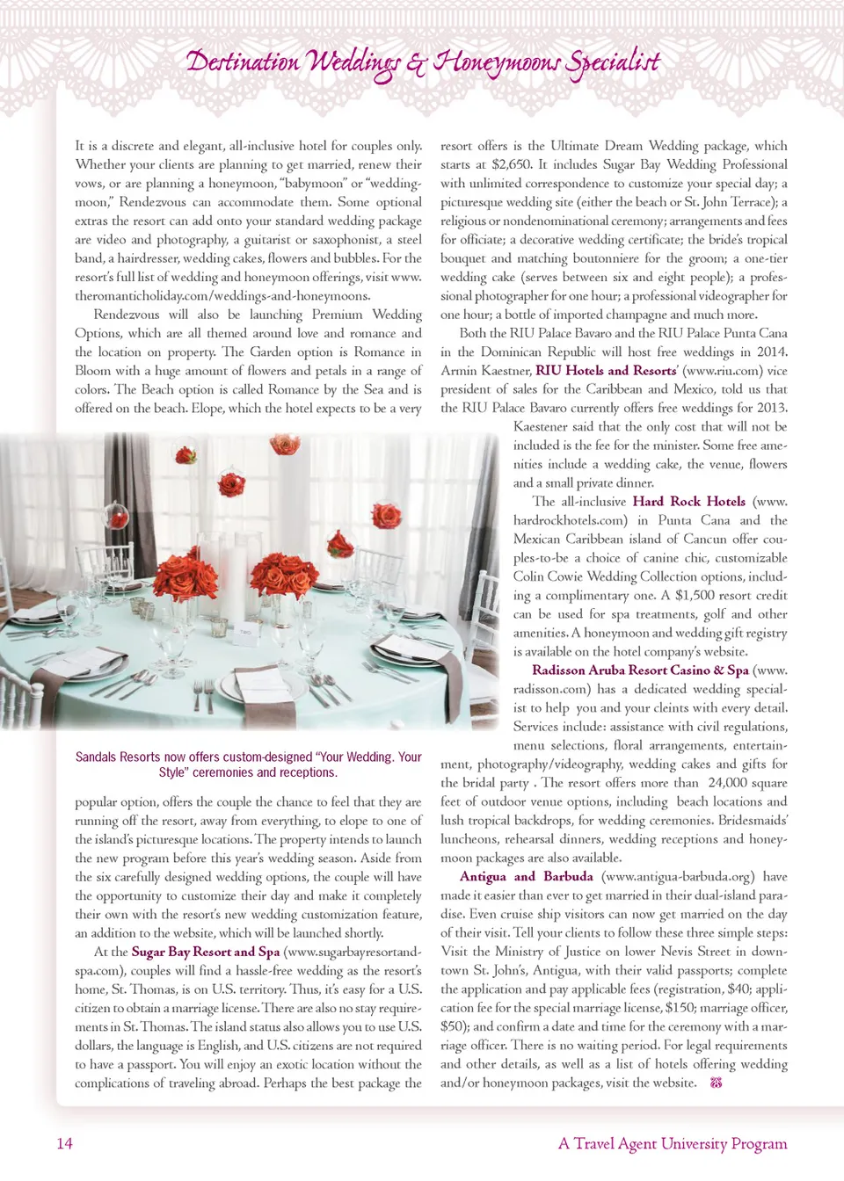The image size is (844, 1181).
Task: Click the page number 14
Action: [x=65, y=1143]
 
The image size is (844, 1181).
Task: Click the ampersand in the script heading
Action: [x=416, y=63]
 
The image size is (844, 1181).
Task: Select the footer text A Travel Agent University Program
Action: [x=673, y=1143]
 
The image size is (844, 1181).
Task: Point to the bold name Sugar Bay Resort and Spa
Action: [x=206, y=952]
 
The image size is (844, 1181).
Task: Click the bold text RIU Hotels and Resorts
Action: [x=606, y=371]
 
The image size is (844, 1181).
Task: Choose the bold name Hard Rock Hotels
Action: [x=688, y=502]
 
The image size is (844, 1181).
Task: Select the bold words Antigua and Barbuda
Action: [x=526, y=877]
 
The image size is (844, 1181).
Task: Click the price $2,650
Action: [x=511, y=164]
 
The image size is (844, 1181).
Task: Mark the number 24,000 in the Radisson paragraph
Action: [x=730, y=783]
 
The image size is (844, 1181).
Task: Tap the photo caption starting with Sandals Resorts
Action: [x=248, y=764]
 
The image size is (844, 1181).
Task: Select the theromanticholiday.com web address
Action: [x=222, y=296]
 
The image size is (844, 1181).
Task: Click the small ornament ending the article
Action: [x=716, y=1083]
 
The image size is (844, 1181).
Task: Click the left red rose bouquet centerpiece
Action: [x=186, y=576]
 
